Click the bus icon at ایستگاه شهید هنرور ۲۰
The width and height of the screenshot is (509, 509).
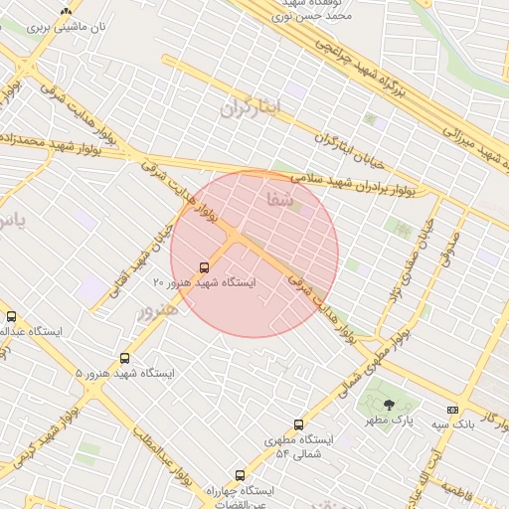(204, 267)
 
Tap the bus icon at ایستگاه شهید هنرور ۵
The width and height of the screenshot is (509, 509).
(124, 357)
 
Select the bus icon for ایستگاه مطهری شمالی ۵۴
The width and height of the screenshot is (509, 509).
(298, 424)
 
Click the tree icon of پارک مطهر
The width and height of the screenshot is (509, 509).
(388, 405)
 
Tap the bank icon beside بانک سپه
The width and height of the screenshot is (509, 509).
(453, 410)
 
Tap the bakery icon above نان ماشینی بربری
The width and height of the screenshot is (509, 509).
(66, 12)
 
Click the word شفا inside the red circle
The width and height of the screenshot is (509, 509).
(281, 200)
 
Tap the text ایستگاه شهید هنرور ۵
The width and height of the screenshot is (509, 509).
(124, 373)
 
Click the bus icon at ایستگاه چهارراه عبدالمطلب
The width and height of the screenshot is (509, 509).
(239, 475)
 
